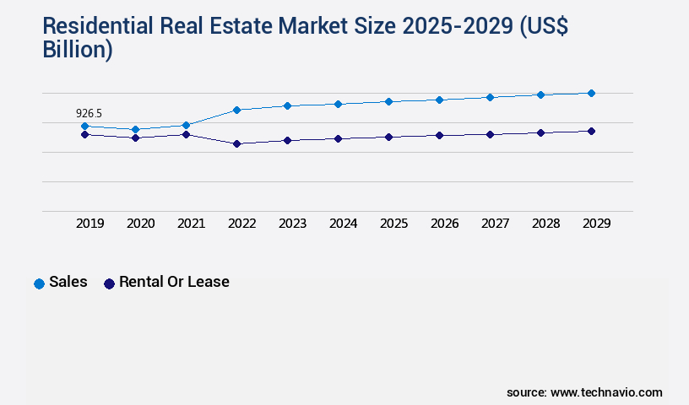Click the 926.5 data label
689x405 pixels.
(x=90, y=113)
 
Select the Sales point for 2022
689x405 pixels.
(x=237, y=110)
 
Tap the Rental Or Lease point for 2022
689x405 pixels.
(x=237, y=143)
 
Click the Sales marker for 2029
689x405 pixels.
(x=591, y=93)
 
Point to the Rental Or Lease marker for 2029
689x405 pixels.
(x=591, y=131)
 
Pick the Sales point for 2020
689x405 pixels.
(x=135, y=129)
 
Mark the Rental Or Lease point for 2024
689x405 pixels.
(x=338, y=138)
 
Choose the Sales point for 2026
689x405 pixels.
(x=439, y=100)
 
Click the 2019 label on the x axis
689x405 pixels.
(x=90, y=224)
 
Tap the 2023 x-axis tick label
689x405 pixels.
(x=292, y=224)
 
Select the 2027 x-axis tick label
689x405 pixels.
(x=495, y=224)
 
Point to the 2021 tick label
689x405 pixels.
(x=191, y=224)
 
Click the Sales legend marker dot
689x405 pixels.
(x=39, y=283)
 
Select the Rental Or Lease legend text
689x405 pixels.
(x=174, y=282)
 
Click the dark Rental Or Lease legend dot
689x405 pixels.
(x=109, y=283)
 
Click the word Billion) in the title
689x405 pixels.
(x=78, y=49)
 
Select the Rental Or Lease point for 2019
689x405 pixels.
(x=84, y=134)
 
